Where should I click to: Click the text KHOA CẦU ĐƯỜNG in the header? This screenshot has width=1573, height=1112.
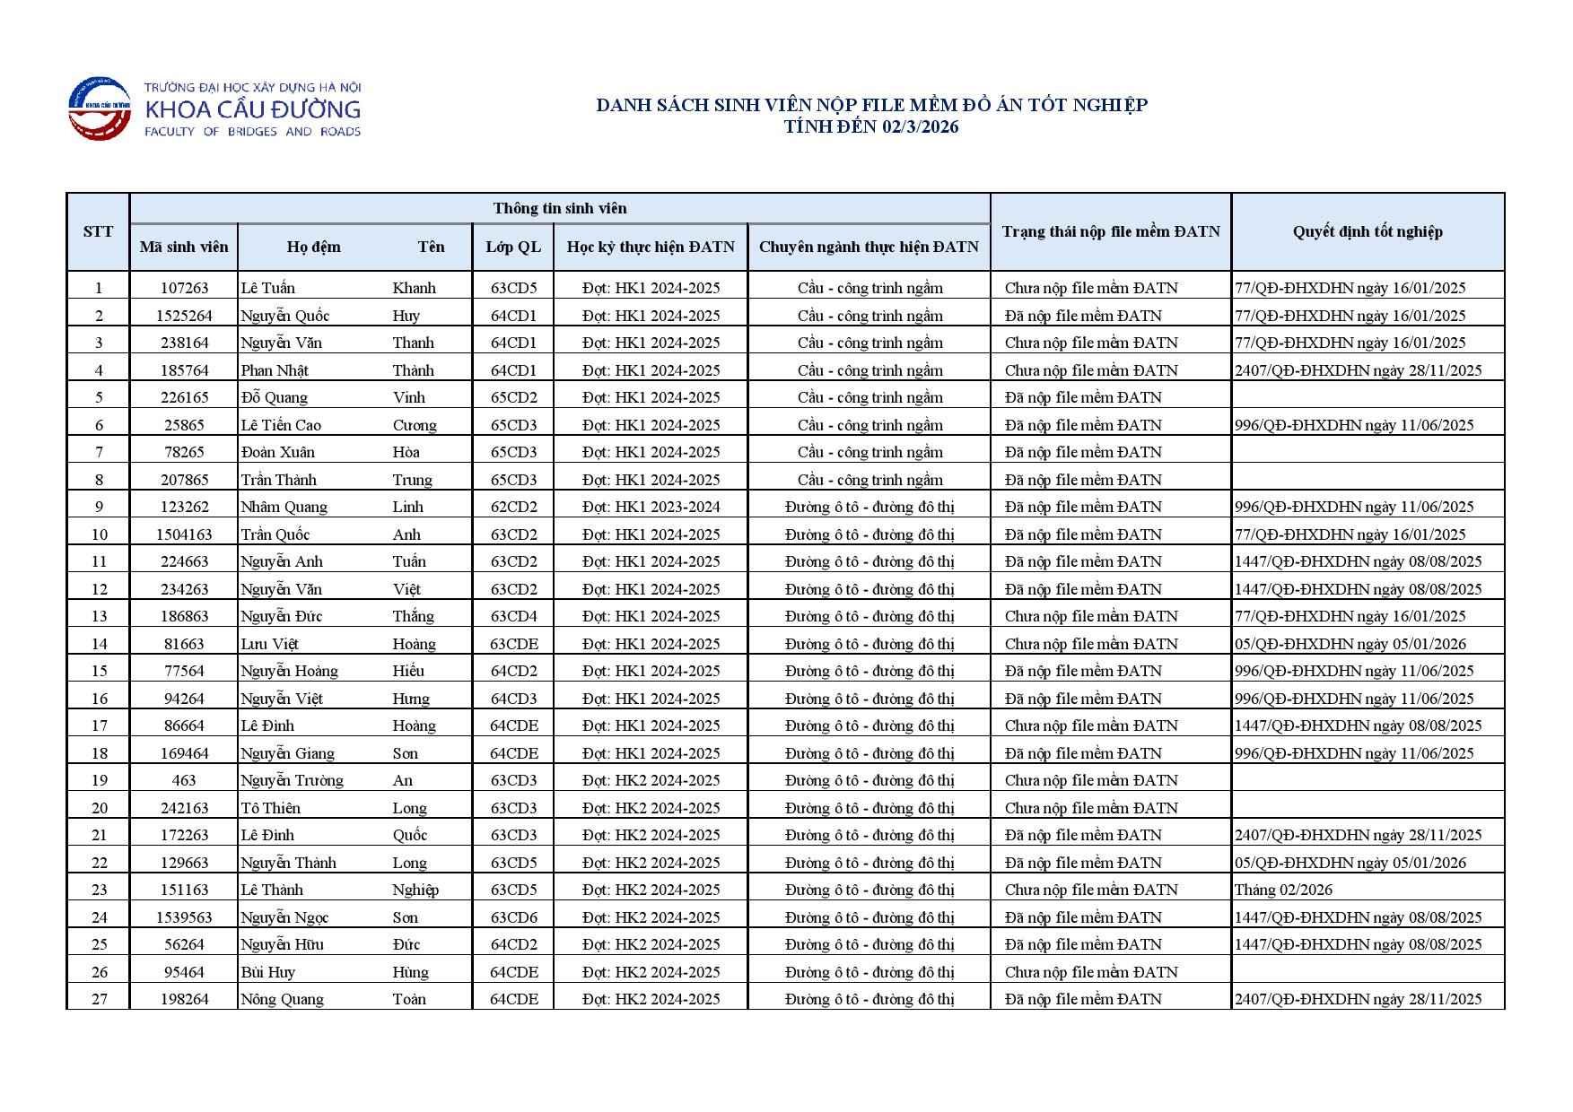tap(252, 110)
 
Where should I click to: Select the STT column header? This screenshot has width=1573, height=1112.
tap(98, 231)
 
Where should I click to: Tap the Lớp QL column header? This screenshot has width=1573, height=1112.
tap(513, 247)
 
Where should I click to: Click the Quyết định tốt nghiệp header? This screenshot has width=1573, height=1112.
tap(1367, 231)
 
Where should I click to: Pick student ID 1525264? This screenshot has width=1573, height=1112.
tap(184, 316)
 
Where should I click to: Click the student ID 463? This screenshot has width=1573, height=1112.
tap(184, 780)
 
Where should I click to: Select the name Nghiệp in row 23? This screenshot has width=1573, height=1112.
tap(415, 890)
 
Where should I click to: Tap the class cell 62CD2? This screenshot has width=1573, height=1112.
tap(513, 507)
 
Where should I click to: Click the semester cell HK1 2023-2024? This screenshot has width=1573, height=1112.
tap(651, 507)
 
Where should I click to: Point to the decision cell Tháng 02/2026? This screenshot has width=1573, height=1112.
tap(1283, 890)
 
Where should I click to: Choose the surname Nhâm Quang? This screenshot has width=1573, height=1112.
tap(284, 507)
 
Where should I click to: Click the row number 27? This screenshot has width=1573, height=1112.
tap(99, 999)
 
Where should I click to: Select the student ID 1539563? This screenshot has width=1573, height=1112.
tap(184, 917)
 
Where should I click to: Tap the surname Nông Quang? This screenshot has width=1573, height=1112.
tap(282, 999)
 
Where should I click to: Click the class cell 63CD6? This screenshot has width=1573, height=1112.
tap(513, 917)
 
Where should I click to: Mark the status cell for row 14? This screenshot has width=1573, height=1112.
tap(1091, 644)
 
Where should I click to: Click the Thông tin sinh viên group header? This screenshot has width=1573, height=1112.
tap(560, 208)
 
